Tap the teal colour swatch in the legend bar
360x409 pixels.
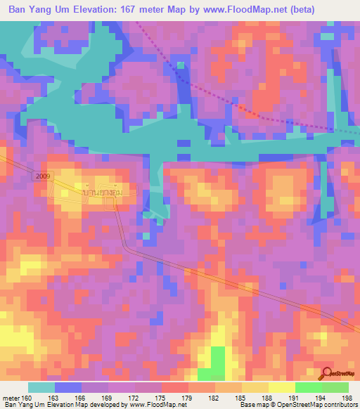41,387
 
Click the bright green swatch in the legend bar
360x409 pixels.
308,387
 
